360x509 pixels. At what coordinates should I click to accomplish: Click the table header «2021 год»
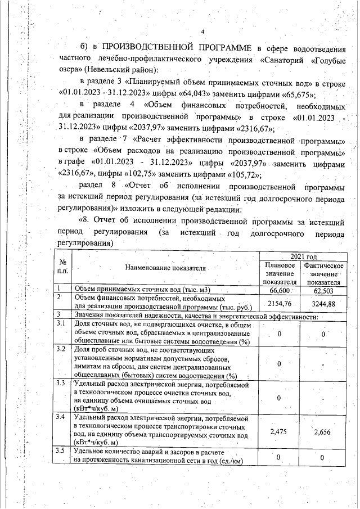(x=300, y=256)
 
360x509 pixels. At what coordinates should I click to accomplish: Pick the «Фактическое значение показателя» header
(x=323, y=273)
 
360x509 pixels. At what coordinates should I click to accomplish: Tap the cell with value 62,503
(x=323, y=290)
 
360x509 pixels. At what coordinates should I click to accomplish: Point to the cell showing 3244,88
(x=323, y=303)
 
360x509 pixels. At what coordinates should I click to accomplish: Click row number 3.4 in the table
(x=61, y=417)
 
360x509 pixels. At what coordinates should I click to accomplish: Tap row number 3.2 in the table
(x=61, y=349)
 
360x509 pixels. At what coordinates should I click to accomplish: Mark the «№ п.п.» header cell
(x=62, y=268)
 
